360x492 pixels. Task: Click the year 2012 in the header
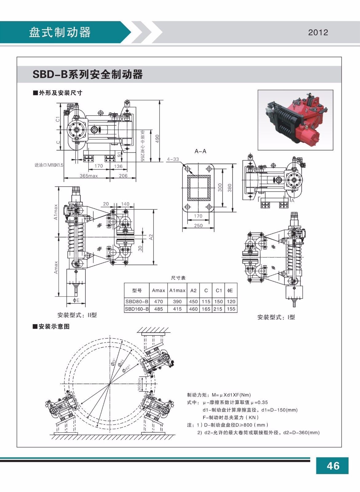tap(318, 33)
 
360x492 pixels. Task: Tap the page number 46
tap(333, 466)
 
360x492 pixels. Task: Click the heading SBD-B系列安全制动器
tap(88, 74)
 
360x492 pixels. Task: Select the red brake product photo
tap(295, 120)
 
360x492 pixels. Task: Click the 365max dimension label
tap(89, 176)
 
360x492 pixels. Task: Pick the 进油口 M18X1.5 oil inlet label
tap(49, 165)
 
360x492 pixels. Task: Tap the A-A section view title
tap(200, 151)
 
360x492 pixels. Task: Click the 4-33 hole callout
tap(172, 159)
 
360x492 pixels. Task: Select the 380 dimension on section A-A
tap(229, 188)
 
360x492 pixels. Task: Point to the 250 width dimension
tap(198, 225)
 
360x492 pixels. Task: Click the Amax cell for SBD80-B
tap(158, 302)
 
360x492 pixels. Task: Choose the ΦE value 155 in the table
tap(231, 309)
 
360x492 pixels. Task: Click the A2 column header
tap(193, 291)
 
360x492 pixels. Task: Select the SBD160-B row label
tap(137, 309)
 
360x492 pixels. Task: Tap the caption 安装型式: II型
tap(77, 315)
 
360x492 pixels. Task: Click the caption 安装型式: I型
tap(276, 317)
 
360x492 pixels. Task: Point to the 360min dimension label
tap(139, 385)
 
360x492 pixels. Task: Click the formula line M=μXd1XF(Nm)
tap(219, 395)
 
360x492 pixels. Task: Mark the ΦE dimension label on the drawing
tap(76, 300)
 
